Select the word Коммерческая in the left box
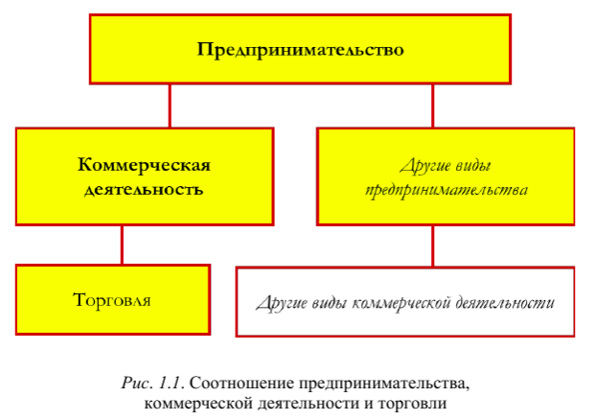tap(144, 163)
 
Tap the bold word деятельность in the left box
tap(144, 189)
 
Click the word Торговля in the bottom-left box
tap(112, 300)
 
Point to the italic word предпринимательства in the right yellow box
tap(446, 189)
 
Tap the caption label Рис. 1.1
tap(149, 384)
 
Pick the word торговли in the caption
tap(418, 402)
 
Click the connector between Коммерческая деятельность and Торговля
tap(122, 245)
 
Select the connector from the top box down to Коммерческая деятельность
tap(170, 105)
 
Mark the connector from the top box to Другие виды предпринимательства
tap(432, 105)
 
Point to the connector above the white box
tap(432, 245)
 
